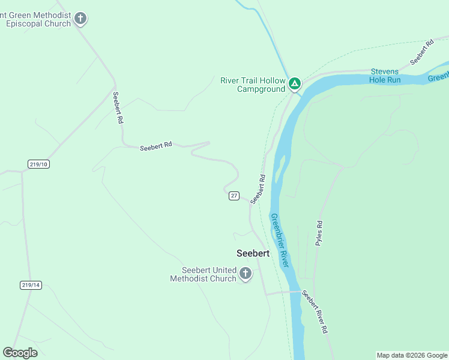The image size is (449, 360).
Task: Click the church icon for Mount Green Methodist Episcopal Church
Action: click(81, 19)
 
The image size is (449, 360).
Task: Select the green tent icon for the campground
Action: click(294, 83)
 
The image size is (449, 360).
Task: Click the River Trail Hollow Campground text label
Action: click(252, 85)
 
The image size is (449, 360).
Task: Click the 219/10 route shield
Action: click(38, 164)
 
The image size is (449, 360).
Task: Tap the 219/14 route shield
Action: click(30, 285)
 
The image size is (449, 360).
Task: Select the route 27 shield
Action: click(234, 196)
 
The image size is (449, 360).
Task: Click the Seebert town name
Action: click(253, 253)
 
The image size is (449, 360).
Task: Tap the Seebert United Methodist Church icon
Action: click(245, 274)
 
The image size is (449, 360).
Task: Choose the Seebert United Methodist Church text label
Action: click(203, 274)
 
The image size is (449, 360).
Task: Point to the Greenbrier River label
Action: click(280, 240)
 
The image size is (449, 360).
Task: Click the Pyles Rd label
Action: click(319, 233)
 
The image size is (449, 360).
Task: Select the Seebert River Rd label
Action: click(315, 311)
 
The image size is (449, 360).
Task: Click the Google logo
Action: click(20, 353)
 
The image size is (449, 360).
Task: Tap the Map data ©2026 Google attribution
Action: click(412, 355)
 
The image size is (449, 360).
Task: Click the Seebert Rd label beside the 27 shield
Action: click(258, 188)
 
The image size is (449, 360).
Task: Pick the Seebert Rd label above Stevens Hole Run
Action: click(422, 53)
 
